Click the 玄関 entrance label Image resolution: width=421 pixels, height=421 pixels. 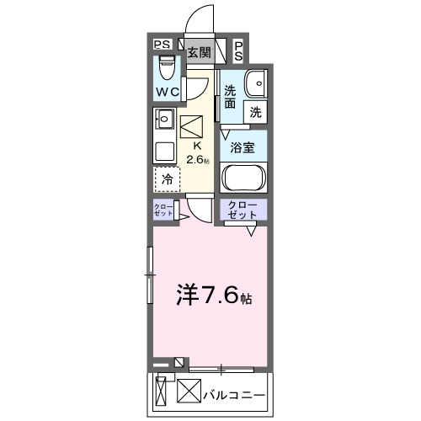point(200,52)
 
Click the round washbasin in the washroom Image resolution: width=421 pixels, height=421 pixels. point(257,83)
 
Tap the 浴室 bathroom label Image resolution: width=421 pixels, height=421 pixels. point(244,146)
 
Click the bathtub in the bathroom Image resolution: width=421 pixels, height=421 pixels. point(244,179)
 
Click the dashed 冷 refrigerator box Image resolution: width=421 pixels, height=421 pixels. point(168,179)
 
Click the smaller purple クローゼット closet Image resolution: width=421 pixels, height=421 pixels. point(163,210)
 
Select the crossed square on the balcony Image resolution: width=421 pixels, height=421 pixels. point(189,392)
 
